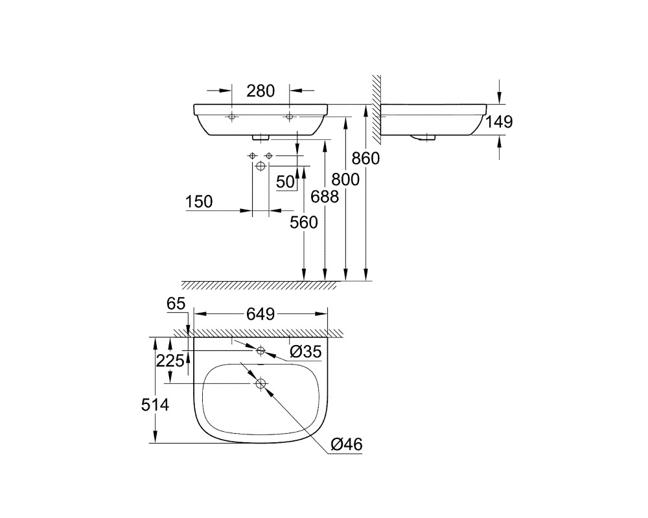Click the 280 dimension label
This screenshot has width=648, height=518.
[x=260, y=91]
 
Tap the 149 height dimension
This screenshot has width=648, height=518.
[x=499, y=122]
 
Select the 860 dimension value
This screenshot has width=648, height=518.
[x=365, y=158]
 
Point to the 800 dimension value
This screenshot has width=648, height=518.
[x=345, y=179]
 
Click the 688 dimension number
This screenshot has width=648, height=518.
[x=325, y=197]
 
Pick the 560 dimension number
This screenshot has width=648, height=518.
[x=304, y=222]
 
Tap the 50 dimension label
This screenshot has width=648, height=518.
[x=286, y=182]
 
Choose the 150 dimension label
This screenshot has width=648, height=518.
[x=199, y=201]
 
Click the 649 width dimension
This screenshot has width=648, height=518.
[x=260, y=314]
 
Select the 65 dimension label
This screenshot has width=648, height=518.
[x=176, y=304]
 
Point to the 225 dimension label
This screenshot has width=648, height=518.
[x=170, y=361]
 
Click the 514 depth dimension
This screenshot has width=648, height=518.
[x=155, y=405]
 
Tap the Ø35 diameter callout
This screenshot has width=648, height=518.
[x=305, y=352]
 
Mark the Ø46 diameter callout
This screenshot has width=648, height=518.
[x=347, y=444]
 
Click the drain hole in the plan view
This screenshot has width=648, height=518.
[x=260, y=383]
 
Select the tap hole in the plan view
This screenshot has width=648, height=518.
[x=260, y=351]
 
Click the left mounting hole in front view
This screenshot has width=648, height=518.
[x=231, y=117]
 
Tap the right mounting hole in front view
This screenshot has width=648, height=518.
[x=289, y=117]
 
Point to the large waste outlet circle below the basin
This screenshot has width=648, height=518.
[x=260, y=166]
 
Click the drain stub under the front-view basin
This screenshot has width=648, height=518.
[x=260, y=137]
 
